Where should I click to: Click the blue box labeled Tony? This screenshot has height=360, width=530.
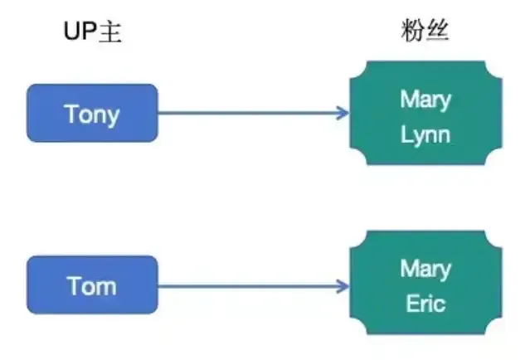pos(92,113)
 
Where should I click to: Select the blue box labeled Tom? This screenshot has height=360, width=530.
pos(92,285)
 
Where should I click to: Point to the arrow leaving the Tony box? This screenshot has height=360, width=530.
pos(249,113)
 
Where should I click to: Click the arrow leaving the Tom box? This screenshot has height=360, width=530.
pos(249,287)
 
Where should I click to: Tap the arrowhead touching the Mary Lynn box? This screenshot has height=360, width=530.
pos(343,113)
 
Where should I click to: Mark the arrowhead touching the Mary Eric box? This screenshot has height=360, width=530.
pos(343,287)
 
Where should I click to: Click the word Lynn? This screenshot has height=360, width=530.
pos(425,134)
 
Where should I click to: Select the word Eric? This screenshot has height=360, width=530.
pos(425,304)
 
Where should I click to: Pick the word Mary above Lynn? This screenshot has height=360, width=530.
pos(425,100)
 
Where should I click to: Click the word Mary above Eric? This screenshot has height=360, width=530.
pos(425,270)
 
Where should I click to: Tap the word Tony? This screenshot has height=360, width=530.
pos(92,114)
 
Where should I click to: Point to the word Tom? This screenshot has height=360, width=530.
pos(92,286)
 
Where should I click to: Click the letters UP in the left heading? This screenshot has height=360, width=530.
pos(80,32)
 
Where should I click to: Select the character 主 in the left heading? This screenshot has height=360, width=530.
pos(110,32)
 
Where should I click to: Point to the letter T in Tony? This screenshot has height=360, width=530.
pos(71,113)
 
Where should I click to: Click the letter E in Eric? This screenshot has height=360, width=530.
pos(411,304)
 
